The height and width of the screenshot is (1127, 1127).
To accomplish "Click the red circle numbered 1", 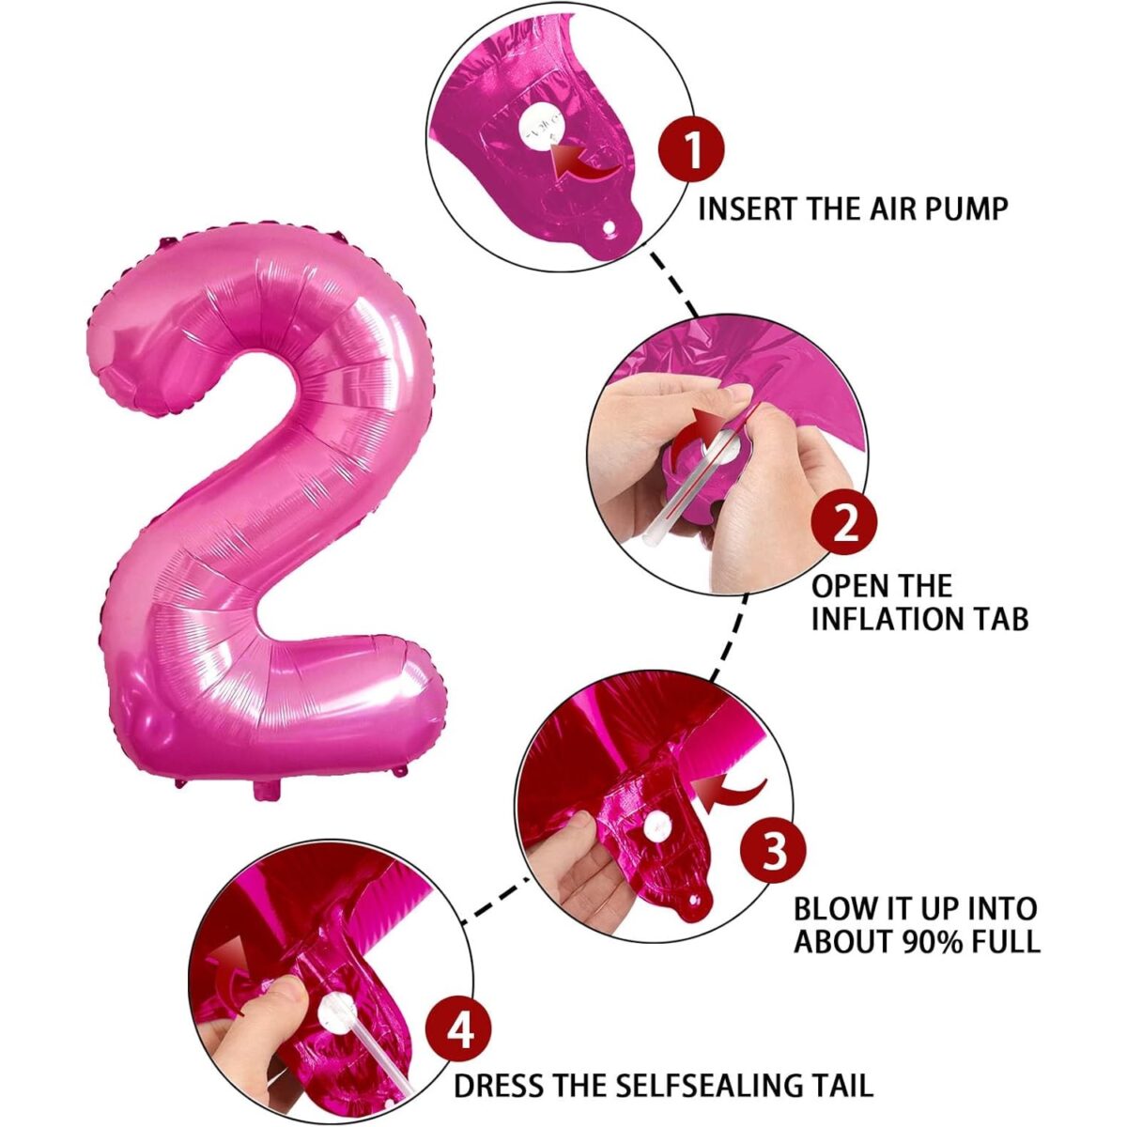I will (x=692, y=149).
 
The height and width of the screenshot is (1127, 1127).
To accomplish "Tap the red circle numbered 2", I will (x=845, y=522).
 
